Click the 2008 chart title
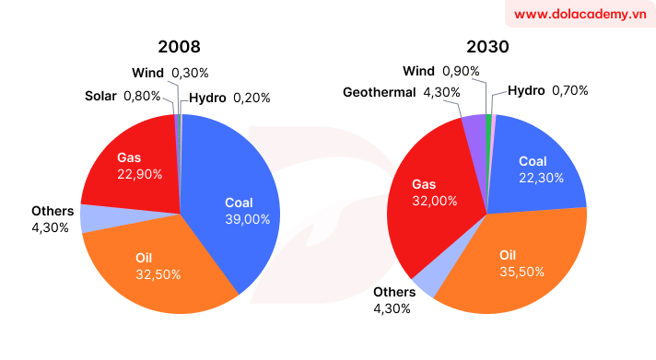[x=179, y=46]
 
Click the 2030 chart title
[x=488, y=46]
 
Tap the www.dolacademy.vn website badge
[x=579, y=15]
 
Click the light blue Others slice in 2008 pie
[x=90, y=218]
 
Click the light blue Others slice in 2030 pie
[x=428, y=285]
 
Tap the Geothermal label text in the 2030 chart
[x=379, y=92]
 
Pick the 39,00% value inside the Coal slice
[x=248, y=219]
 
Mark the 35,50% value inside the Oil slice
[x=521, y=272]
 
